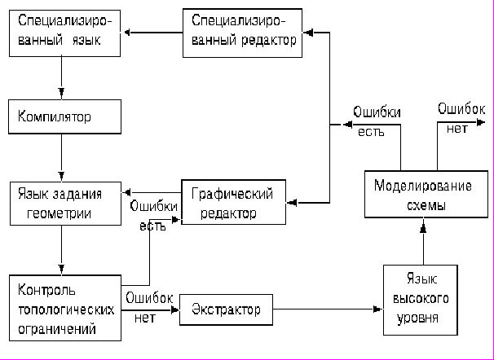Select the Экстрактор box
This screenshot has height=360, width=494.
(226, 310)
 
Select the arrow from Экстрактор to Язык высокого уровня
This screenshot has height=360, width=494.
(326, 310)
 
